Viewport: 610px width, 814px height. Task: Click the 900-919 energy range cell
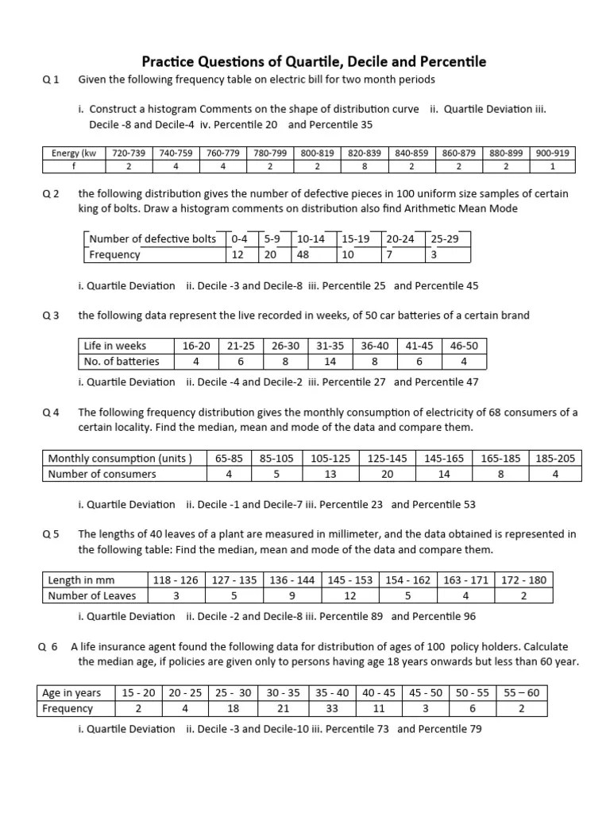(x=552, y=153)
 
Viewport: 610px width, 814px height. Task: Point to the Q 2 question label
(x=51, y=194)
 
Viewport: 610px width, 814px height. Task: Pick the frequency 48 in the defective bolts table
(x=303, y=254)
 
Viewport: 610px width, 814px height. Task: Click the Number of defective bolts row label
(x=152, y=238)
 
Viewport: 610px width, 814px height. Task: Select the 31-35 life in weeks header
(x=330, y=346)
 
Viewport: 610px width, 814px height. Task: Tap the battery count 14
(x=330, y=361)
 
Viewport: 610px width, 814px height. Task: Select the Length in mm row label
(x=76, y=580)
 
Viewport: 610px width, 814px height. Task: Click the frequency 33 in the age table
(x=333, y=708)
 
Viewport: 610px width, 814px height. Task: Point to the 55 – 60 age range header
(x=522, y=692)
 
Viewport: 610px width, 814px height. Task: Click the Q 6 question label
(x=49, y=647)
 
